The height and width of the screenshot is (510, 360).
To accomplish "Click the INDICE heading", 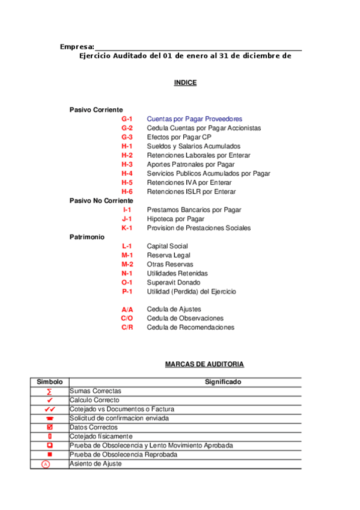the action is tap(185, 83).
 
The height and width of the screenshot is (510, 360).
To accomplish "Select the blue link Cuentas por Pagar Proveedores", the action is tap(194, 119).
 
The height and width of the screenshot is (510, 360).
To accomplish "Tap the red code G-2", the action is tap(127, 128).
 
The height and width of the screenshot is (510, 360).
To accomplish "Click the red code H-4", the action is tap(127, 173).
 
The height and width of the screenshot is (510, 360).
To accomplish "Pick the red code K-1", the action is tap(127, 228).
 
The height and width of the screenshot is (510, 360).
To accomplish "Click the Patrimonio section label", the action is tap(87, 237).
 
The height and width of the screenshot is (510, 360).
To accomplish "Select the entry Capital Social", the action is tap(167, 246).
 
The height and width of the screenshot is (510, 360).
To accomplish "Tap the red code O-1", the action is tap(127, 282).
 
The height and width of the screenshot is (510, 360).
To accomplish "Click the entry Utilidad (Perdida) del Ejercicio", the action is tap(191, 292).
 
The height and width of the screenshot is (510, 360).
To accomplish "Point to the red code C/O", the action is tap(127, 318).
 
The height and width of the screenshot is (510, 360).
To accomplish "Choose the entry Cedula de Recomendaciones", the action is tap(191, 327).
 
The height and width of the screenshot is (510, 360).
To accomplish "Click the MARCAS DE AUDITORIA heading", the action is tap(204, 364).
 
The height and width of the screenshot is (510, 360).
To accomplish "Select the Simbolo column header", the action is tap(50, 382).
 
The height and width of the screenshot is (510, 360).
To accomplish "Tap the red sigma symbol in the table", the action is tap(50, 391).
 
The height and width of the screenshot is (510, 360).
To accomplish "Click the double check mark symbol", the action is tap(50, 409).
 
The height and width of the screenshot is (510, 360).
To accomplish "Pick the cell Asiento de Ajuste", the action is tap(96, 464).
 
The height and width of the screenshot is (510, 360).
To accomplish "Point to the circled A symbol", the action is tap(46, 464).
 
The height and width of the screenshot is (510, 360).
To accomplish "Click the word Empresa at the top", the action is tap(76, 47).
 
